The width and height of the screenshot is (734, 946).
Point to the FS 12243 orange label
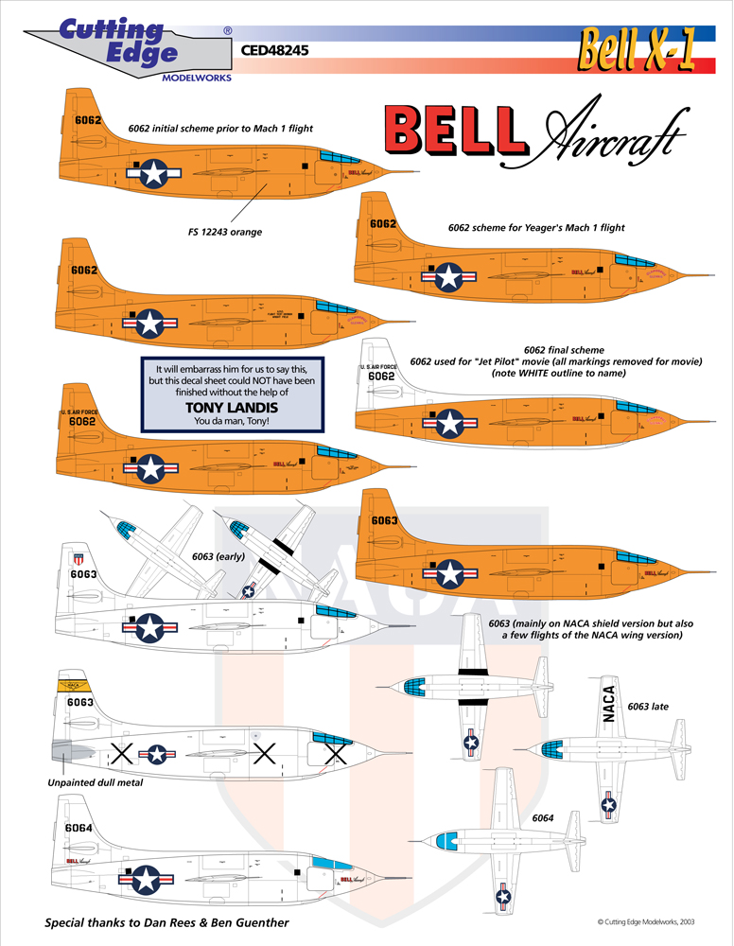[223, 232]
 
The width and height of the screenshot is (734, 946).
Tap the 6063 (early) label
[218, 556]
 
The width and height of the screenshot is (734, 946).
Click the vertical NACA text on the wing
[608, 704]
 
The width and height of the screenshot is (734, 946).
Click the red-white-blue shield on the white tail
[79, 559]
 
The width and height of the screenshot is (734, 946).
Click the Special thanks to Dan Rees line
[167, 922]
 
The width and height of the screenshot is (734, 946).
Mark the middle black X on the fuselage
[265, 754]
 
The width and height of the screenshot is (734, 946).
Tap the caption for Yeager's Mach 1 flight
[536, 227]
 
